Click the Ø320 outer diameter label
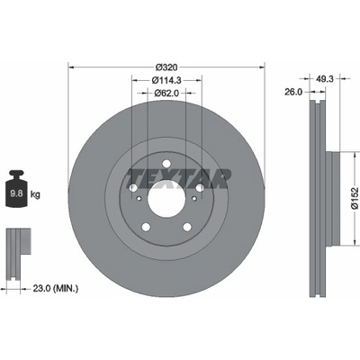(x=166, y=67)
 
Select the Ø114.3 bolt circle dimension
(x=166, y=80)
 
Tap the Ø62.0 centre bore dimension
(x=166, y=94)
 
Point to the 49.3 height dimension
(x=325, y=78)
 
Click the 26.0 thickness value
(x=293, y=92)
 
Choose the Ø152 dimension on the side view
(x=355, y=198)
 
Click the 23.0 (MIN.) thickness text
(x=55, y=289)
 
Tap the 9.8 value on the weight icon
(x=17, y=193)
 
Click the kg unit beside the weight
(x=35, y=194)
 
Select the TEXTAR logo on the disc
(x=179, y=179)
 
